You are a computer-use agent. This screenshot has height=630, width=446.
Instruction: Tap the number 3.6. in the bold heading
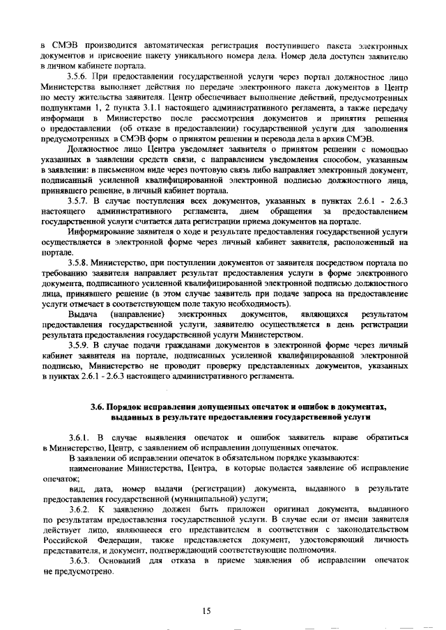[x=100, y=405]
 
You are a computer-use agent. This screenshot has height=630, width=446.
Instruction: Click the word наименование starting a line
[x=98, y=470]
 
